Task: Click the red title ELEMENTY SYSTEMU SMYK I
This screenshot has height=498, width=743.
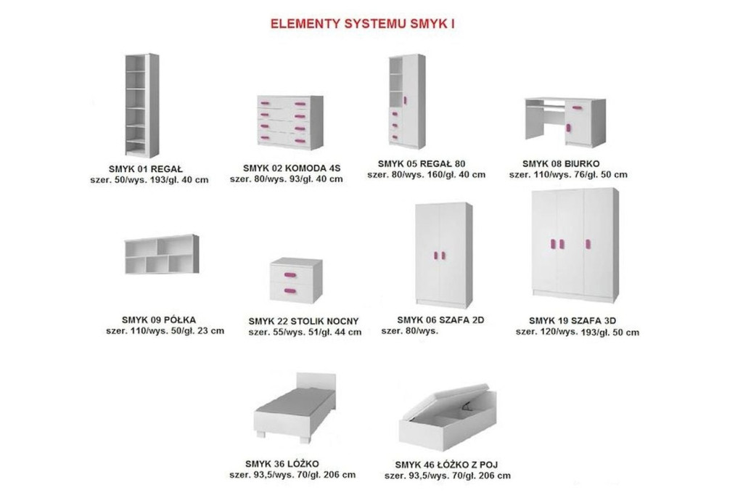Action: click(363, 24)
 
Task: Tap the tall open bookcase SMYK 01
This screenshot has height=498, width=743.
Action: click(141, 105)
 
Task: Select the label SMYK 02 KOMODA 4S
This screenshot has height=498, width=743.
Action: click(292, 168)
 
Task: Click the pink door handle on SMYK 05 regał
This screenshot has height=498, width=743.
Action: click(405, 100)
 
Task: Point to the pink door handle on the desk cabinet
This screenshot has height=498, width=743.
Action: click(567, 128)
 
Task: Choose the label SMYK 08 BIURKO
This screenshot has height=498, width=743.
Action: click(561, 163)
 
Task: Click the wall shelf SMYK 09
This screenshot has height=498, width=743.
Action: click(162, 254)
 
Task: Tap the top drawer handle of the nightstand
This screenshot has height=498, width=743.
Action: click(290, 274)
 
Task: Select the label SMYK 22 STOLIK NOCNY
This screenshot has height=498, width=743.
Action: click(303, 321)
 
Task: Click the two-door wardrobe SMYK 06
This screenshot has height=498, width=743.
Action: click(443, 255)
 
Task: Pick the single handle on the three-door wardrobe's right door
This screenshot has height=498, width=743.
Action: click(588, 244)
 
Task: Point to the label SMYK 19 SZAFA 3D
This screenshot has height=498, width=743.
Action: click(572, 321)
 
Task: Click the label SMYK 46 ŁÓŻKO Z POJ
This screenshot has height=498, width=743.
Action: click(446, 465)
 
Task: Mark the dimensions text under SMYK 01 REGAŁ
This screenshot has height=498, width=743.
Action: click(149, 180)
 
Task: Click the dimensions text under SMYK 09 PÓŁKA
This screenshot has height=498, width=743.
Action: click(165, 331)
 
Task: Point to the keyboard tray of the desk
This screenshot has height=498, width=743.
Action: click(546, 107)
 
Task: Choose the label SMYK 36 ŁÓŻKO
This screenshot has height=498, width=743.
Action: click(282, 464)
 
